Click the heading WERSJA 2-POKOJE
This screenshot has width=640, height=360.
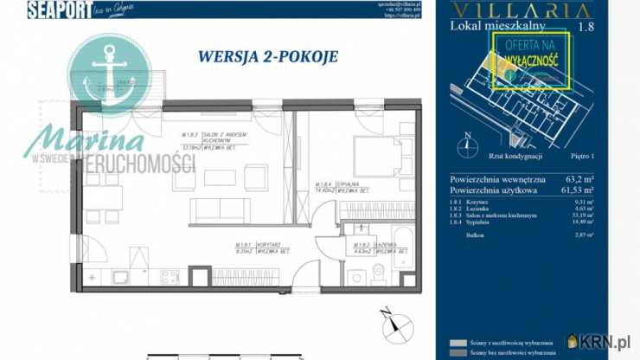point(267,57)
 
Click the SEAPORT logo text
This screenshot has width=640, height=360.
point(58,10)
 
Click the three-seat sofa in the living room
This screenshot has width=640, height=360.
point(221,209)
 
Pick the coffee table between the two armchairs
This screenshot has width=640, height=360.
point(216,177)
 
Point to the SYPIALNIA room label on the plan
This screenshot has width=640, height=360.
point(324,184)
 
